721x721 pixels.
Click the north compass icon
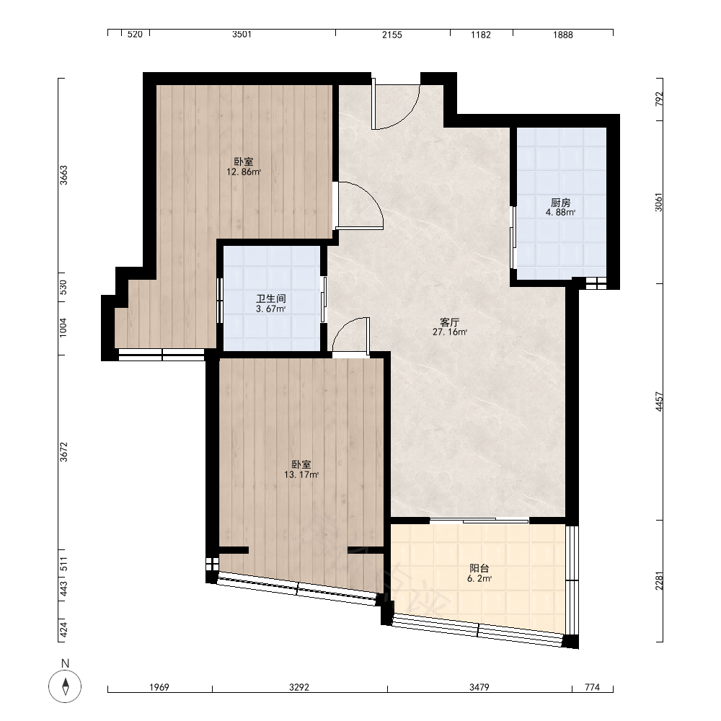65,686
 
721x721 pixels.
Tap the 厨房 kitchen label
560,203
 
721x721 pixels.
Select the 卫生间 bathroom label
271,298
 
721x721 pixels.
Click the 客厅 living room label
450,322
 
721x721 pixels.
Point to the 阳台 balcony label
479,568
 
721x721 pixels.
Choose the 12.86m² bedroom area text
244,172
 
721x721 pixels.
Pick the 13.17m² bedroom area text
301,475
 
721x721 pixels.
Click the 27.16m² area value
450,332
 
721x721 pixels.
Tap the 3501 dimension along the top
242,35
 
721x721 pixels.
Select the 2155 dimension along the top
392,35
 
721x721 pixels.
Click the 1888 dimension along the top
563,35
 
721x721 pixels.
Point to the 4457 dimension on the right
659,402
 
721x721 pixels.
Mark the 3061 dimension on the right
659,202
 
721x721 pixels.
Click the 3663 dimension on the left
63,175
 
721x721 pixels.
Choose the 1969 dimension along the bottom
159,687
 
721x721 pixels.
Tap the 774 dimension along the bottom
592,687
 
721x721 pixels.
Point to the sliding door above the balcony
479,521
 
